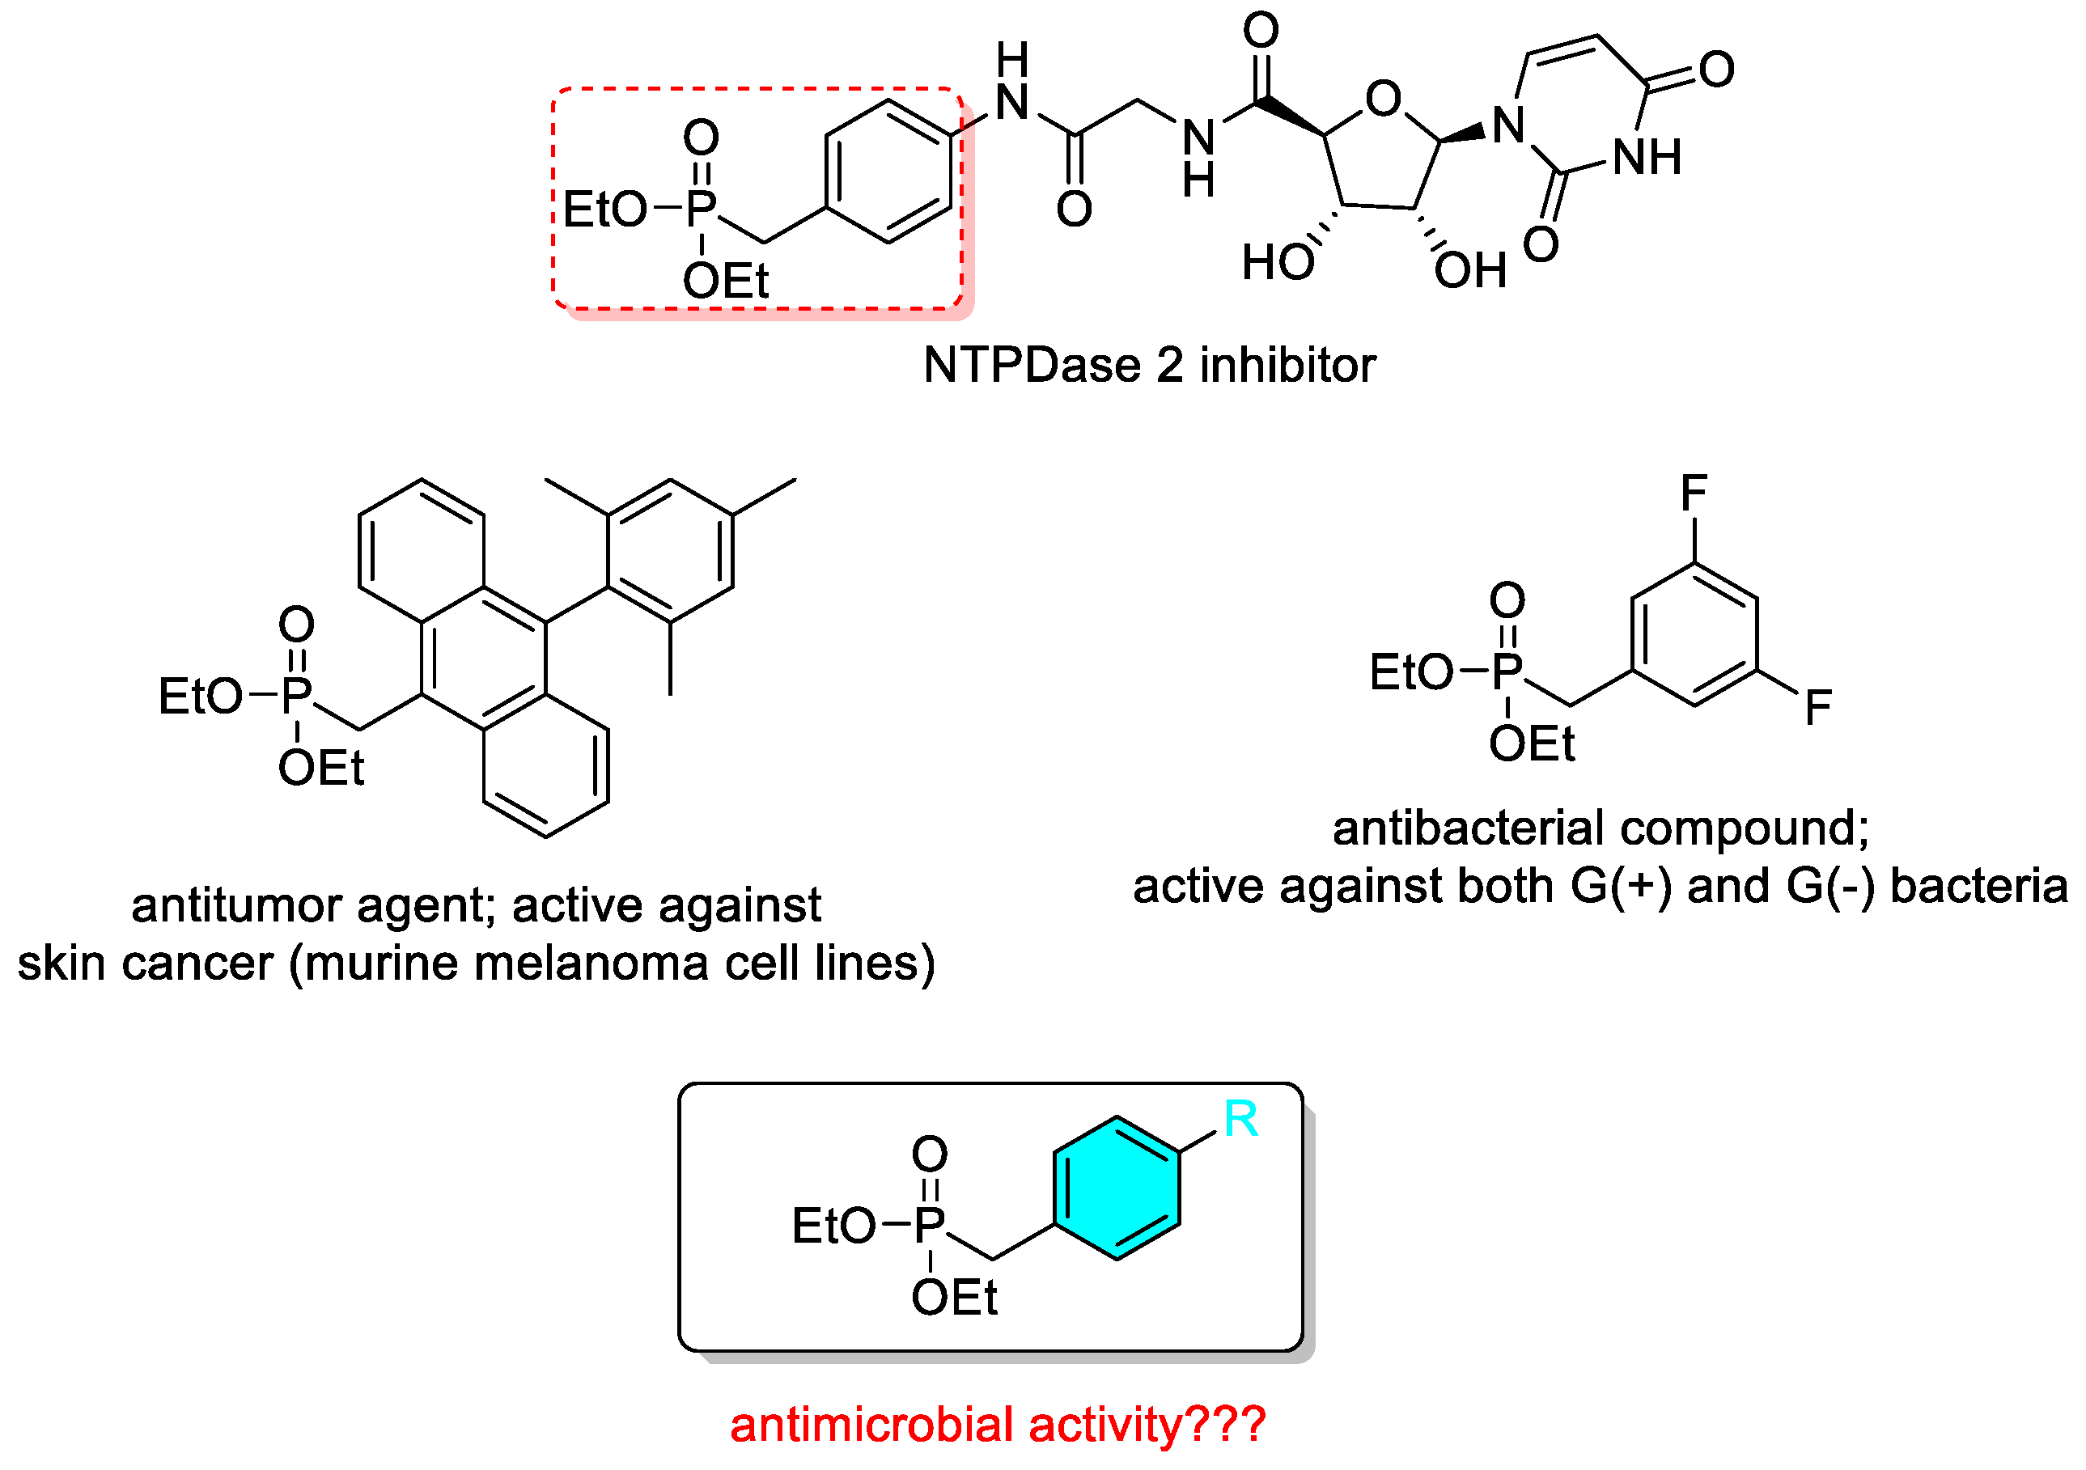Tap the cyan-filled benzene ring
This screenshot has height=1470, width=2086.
tap(1117, 1188)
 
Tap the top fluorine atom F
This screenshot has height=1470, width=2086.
tap(1694, 494)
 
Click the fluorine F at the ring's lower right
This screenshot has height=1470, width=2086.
tap(1818, 708)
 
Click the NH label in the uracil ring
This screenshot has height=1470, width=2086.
tap(1647, 157)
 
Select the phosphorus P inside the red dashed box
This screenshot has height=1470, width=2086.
tap(701, 209)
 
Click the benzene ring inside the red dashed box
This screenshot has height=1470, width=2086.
tap(888, 172)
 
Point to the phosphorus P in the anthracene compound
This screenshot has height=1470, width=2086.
tap(296, 696)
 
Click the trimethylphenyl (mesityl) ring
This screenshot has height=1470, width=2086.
tap(671, 552)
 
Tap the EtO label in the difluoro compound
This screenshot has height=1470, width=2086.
tap(1411, 673)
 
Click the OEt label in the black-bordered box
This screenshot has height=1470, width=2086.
tap(954, 1298)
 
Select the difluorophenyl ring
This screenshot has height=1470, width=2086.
tap(1694, 635)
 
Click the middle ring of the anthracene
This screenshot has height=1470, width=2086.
tap(483, 659)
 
